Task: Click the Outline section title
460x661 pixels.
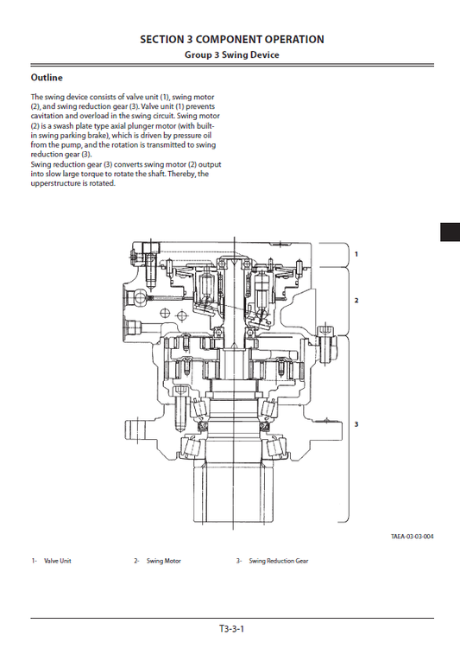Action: click(x=46, y=78)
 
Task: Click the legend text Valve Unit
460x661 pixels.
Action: click(x=58, y=562)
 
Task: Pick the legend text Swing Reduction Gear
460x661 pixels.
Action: click(x=278, y=562)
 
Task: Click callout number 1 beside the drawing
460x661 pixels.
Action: click(x=356, y=254)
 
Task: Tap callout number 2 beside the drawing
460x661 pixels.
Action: click(x=356, y=300)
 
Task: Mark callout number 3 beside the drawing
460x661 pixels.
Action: click(x=356, y=424)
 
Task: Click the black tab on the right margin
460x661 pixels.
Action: click(x=450, y=232)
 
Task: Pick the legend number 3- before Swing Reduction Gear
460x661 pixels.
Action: click(x=239, y=562)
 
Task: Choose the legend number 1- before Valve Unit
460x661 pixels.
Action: click(x=34, y=562)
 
